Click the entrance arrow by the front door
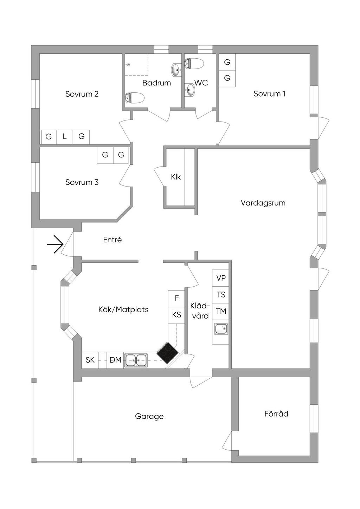click(55, 244)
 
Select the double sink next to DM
click(136, 360)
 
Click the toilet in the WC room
click(194, 64)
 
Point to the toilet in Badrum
click(135, 98)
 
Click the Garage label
click(149, 416)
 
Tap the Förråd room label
click(276, 414)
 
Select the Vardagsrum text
click(263, 203)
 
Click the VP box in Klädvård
click(221, 278)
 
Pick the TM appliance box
click(221, 311)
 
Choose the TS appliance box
click(221, 295)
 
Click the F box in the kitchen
click(177, 298)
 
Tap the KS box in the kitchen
click(177, 315)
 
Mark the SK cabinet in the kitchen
click(90, 360)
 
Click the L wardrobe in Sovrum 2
click(65, 137)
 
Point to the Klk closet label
click(176, 177)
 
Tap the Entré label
click(112, 240)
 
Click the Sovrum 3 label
click(82, 182)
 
